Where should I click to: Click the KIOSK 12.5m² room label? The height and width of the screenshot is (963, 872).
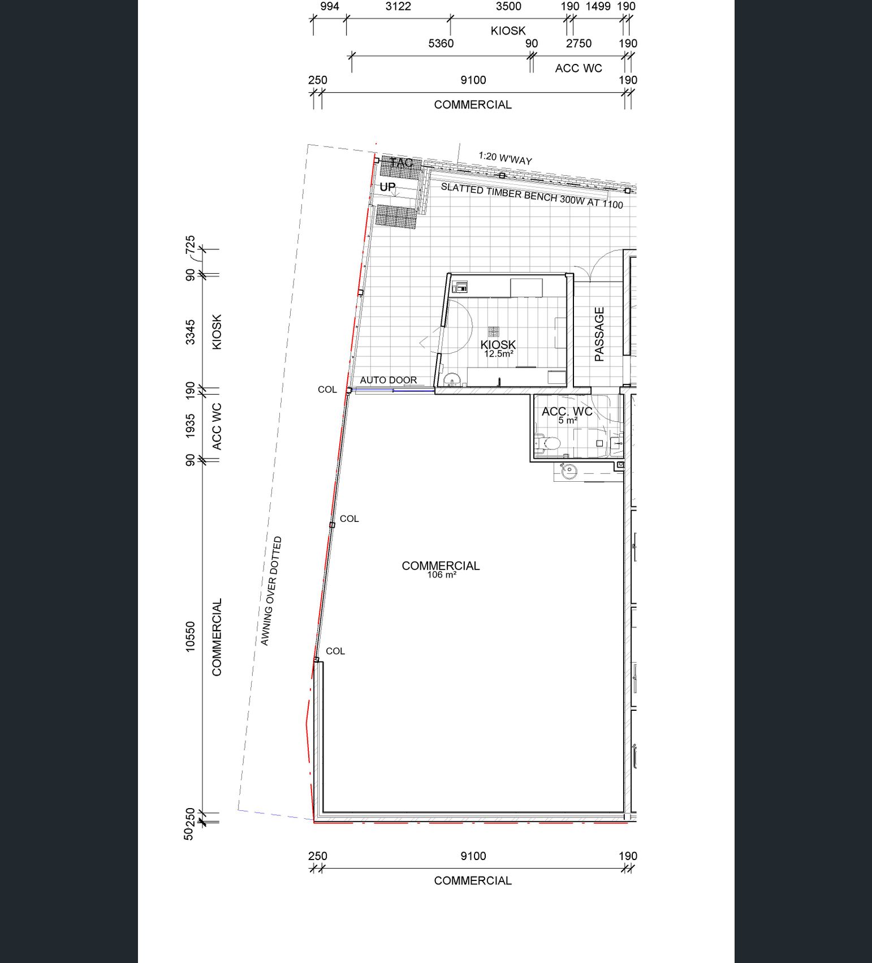coord(498,348)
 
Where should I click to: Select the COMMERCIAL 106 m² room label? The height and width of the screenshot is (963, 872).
coord(441,569)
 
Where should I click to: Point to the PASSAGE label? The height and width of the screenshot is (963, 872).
coord(599,334)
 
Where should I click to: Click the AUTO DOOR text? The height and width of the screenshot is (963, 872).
coord(388,380)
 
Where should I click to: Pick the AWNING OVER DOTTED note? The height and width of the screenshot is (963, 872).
coord(271,591)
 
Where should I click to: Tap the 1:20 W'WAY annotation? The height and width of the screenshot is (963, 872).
coord(505,158)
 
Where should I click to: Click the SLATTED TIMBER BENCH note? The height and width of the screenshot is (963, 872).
coord(532,196)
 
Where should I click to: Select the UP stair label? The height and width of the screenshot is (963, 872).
coord(387,187)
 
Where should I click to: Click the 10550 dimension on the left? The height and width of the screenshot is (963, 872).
coord(190,637)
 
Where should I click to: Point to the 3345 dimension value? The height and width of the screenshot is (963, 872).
coord(190,332)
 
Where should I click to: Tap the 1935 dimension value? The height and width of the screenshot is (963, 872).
coord(190,425)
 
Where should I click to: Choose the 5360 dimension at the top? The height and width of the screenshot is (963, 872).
coord(441,44)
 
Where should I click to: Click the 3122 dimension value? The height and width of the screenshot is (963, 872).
coord(398,6)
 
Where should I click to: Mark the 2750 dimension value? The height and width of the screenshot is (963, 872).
coord(579,44)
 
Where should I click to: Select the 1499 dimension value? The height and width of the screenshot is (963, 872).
coord(598,6)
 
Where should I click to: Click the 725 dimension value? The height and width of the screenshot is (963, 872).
coord(190,244)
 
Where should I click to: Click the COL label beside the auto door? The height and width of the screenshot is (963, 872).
coord(327,390)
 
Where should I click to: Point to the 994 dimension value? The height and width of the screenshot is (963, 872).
coord(330,6)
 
